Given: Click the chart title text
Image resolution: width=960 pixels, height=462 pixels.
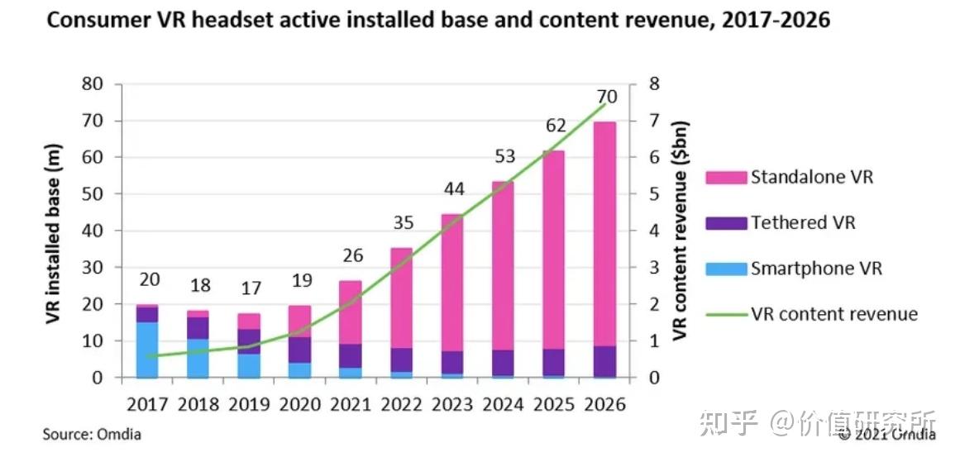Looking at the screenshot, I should [x=438, y=21].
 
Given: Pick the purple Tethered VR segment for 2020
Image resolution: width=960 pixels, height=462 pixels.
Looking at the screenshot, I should [x=299, y=350].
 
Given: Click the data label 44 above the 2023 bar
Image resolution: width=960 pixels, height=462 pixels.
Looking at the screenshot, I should [x=453, y=188].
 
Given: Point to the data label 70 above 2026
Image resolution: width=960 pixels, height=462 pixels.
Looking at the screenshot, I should [x=606, y=97].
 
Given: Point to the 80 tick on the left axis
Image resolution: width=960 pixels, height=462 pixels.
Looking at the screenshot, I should [x=92, y=84].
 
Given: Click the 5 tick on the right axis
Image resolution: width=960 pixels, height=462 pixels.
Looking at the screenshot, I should [x=654, y=194].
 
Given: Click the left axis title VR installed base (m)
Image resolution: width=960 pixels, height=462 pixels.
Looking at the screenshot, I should [x=54, y=231].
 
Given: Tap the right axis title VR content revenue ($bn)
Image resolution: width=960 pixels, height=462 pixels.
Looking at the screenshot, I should [x=680, y=231].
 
